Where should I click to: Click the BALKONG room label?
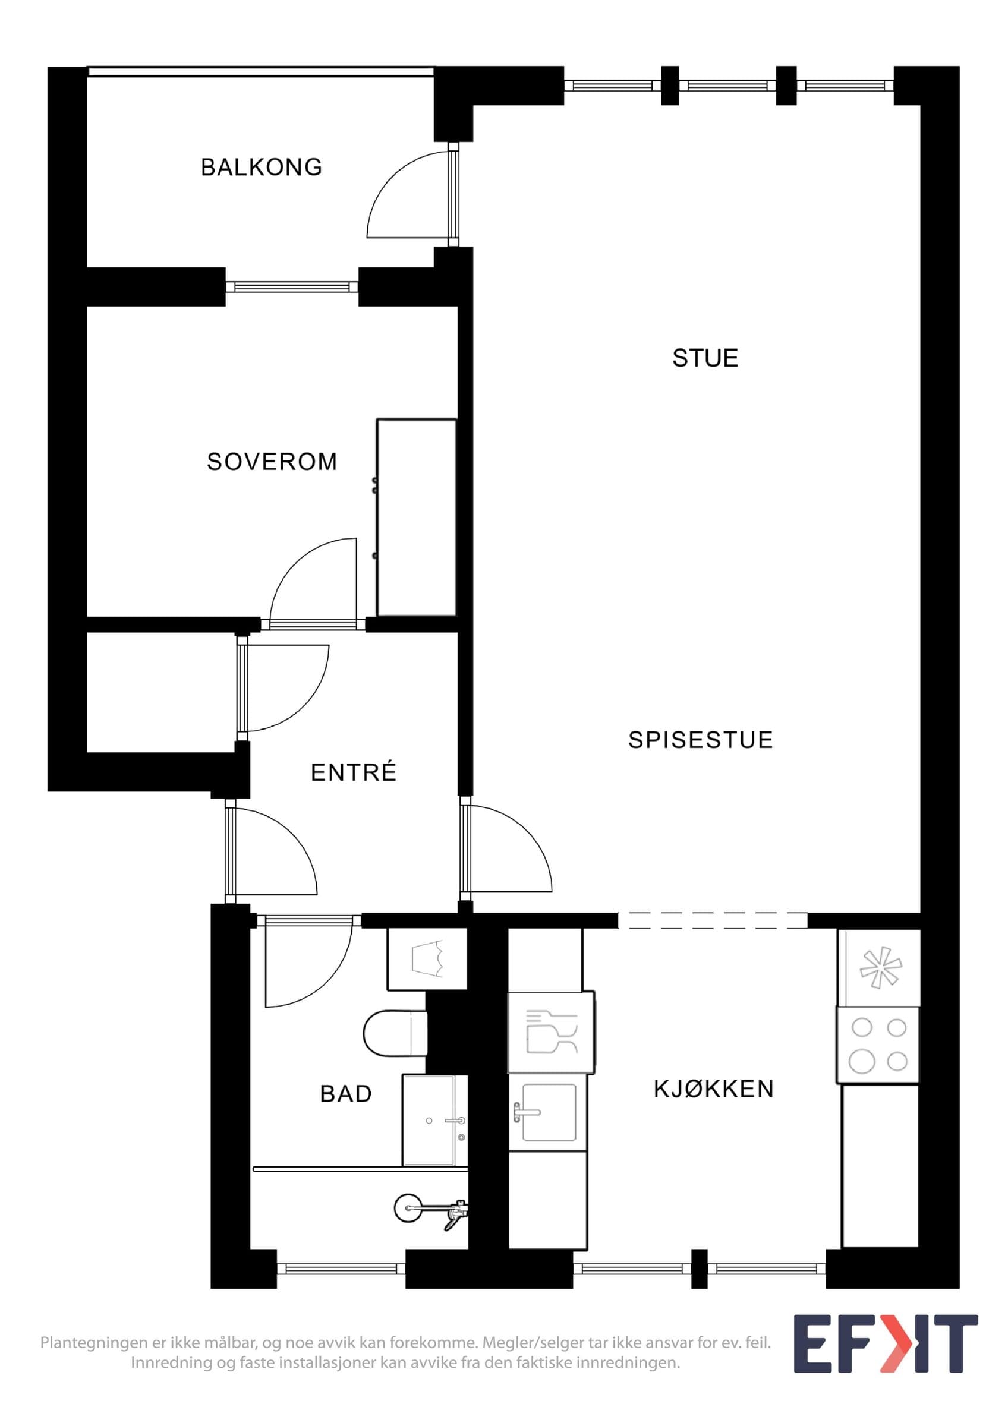click(262, 167)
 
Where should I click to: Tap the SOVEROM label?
click(272, 462)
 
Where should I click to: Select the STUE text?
click(705, 358)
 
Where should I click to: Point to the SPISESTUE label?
click(701, 740)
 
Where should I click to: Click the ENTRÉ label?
click(354, 772)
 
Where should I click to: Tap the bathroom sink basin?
click(434, 1120)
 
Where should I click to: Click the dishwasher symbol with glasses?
click(552, 1032)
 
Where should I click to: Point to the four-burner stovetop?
click(878, 1045)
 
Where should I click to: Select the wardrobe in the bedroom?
click(417, 518)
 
